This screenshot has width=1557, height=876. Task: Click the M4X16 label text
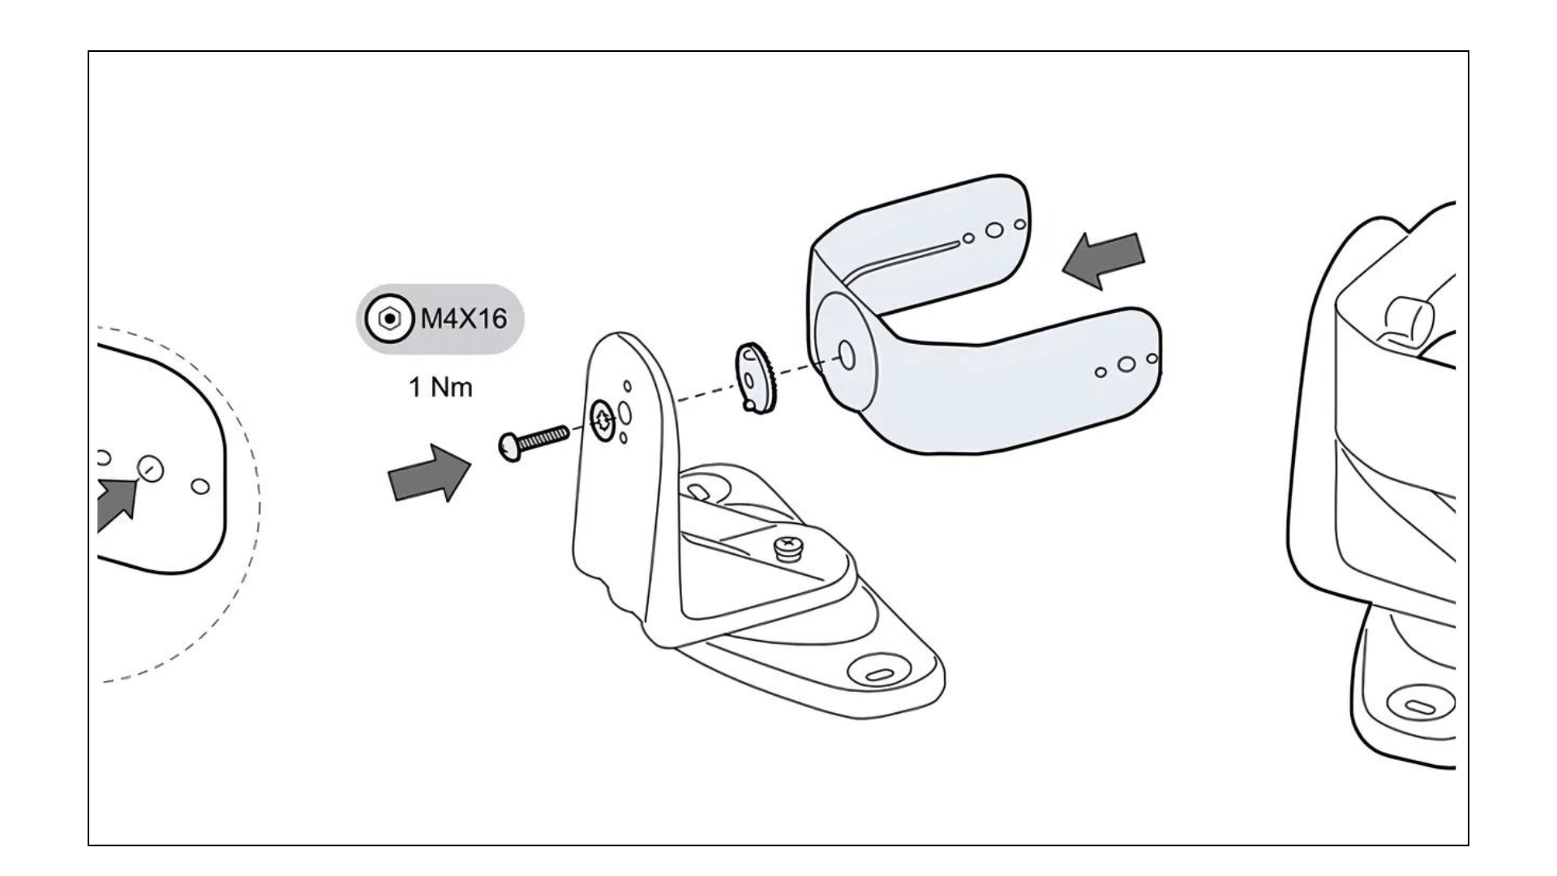(x=463, y=319)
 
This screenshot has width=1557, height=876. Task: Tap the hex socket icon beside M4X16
(x=390, y=319)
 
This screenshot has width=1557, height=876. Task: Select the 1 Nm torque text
(x=440, y=388)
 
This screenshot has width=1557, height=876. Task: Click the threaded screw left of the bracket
(x=533, y=443)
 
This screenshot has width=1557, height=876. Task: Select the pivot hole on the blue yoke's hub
(x=846, y=354)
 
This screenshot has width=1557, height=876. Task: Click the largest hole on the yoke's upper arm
(x=994, y=230)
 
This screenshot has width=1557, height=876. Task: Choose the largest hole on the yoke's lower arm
(x=1126, y=364)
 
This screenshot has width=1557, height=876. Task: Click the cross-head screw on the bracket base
(x=787, y=547)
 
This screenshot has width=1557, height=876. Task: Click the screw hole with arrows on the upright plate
(x=603, y=419)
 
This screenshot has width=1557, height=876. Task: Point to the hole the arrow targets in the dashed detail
(x=151, y=468)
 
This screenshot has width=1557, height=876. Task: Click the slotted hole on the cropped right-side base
(x=1422, y=706)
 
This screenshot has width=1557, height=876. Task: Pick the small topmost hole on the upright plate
(x=627, y=385)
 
